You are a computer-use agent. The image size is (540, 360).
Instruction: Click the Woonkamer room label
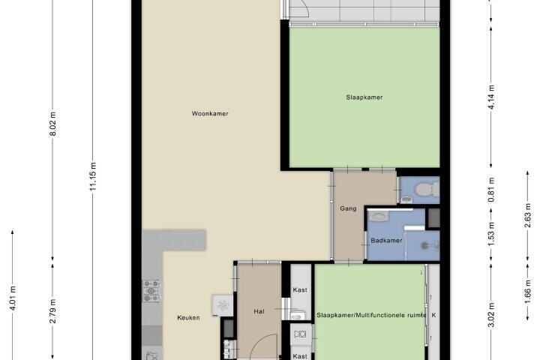(x=210, y=114)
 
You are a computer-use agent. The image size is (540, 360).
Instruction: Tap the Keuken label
(x=188, y=318)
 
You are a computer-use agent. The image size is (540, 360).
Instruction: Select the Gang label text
(x=348, y=208)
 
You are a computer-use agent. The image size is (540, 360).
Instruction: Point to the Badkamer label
(x=386, y=241)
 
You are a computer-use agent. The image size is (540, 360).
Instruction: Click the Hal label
(x=259, y=311)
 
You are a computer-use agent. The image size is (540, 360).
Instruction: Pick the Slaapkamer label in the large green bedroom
(x=364, y=97)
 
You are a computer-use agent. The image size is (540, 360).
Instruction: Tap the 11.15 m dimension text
(x=93, y=176)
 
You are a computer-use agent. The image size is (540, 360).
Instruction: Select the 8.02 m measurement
(x=52, y=124)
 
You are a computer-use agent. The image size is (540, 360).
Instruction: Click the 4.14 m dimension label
(x=491, y=97)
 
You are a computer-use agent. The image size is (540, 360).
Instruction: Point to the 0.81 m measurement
(x=491, y=190)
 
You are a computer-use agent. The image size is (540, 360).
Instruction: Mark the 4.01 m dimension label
(x=13, y=298)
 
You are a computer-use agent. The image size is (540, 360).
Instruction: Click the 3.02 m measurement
(x=491, y=314)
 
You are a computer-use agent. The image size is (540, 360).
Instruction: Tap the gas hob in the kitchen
(x=151, y=291)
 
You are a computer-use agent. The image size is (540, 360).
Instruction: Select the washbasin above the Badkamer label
(x=379, y=216)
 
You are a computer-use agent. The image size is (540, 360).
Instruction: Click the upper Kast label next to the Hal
(x=300, y=290)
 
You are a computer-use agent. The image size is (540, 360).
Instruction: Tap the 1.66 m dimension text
(x=527, y=292)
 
